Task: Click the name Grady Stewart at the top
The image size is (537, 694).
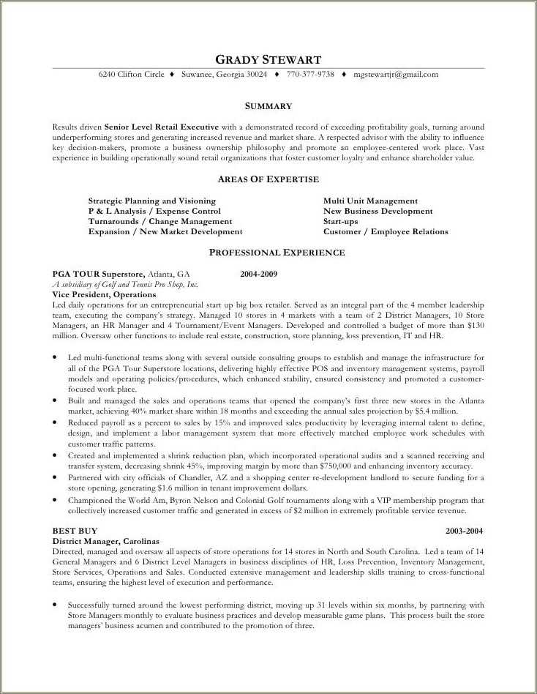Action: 268,59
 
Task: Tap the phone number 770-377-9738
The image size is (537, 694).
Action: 310,75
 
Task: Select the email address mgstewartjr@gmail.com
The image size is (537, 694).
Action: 396,75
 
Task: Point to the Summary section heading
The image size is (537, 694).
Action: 268,106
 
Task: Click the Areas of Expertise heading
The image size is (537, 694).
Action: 268,179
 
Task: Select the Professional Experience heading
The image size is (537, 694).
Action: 277,253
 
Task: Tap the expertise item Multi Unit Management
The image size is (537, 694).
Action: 370,201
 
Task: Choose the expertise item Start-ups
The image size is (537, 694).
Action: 340,221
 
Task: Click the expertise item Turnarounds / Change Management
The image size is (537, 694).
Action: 160,221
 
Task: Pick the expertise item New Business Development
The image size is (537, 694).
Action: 378,211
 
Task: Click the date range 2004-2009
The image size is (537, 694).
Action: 258,274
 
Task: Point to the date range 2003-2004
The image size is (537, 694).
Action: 465,530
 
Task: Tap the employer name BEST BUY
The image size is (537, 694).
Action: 75,530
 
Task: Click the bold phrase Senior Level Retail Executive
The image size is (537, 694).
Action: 161,127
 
